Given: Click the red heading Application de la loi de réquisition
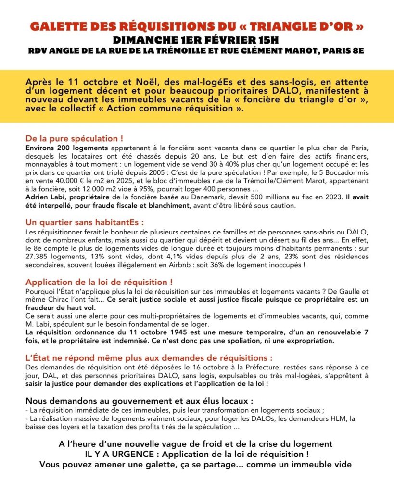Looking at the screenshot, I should click(x=99, y=282).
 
